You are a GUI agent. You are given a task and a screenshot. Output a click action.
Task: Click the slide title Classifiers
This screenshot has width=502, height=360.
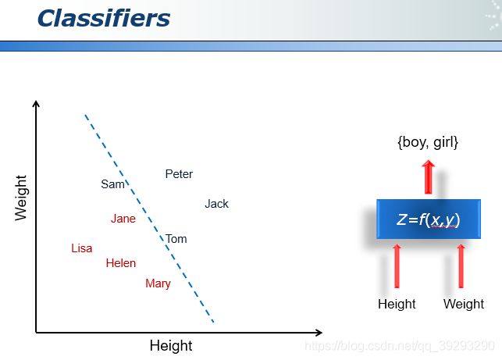(104, 18)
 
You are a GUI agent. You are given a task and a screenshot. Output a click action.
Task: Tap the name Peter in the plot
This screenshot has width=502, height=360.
(179, 174)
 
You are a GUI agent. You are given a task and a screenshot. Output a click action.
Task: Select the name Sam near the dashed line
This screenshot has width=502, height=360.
(112, 184)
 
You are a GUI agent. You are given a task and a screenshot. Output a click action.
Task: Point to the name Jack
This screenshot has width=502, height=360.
(217, 204)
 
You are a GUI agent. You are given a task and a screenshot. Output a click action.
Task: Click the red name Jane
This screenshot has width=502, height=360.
(123, 219)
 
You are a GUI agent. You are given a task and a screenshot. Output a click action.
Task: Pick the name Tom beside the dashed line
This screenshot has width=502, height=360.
(176, 239)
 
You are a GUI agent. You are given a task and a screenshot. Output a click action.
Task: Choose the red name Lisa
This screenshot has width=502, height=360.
(82, 248)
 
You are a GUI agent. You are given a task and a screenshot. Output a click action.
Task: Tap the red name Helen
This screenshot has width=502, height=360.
(121, 263)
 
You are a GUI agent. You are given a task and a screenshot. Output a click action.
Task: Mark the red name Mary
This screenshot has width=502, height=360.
(158, 283)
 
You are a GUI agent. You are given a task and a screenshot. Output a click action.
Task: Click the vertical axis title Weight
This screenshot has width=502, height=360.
(21, 198)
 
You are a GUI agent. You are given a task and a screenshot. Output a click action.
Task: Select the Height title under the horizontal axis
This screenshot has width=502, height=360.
(171, 346)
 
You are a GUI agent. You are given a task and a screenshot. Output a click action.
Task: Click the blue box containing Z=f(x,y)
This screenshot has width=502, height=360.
(429, 219)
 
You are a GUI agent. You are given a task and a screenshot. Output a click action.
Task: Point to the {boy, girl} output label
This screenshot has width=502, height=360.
(428, 142)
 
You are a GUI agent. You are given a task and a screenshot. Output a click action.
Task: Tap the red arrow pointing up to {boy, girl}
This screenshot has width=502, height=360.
(429, 177)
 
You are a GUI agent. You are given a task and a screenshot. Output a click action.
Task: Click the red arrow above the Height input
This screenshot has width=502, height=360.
(397, 266)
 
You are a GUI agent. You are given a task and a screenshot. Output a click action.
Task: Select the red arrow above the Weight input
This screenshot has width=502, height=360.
(461, 266)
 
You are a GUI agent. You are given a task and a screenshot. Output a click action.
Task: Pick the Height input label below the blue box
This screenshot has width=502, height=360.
(397, 304)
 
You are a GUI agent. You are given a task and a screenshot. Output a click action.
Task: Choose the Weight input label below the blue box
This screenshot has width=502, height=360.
(464, 304)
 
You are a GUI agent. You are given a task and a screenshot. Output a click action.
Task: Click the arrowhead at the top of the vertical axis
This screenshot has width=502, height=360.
(36, 103)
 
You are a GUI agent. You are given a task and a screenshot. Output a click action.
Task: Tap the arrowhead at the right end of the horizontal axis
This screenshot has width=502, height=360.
(319, 333)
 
